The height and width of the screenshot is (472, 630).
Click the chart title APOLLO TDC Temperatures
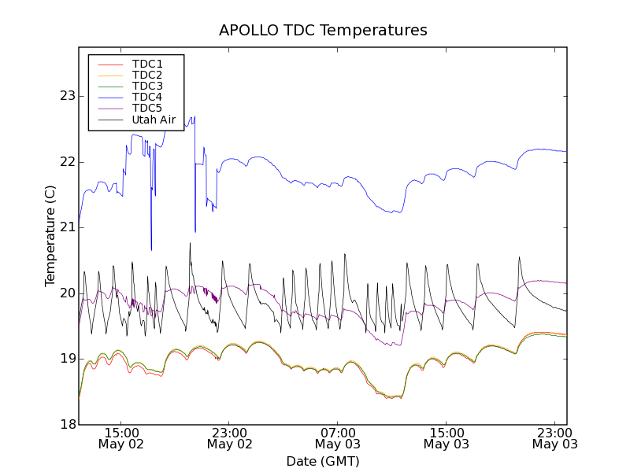click(323, 31)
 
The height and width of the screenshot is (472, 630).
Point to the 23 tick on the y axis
click(67, 96)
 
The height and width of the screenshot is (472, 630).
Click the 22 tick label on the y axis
click(67, 162)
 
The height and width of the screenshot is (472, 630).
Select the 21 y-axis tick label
click(67, 227)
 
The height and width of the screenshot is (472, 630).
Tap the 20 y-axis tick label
click(67, 293)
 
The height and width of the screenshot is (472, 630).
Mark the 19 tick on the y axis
click(67, 359)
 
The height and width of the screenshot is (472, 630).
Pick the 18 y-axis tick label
click(67, 425)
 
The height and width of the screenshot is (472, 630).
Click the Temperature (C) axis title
click(50, 236)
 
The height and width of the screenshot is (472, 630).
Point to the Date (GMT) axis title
click(323, 461)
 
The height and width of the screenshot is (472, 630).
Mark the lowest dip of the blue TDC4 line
click(151, 249)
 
